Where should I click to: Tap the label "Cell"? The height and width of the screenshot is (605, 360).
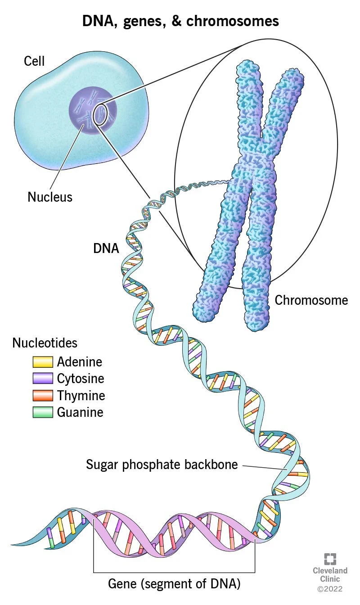34,61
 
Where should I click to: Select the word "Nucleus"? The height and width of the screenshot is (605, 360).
50,197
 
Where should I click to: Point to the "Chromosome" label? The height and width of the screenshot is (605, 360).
311,300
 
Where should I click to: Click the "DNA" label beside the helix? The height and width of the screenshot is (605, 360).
106,248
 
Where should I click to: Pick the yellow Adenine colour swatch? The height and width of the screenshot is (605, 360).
43,362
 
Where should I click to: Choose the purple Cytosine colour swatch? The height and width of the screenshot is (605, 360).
43,379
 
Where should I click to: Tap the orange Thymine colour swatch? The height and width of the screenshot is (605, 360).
43,396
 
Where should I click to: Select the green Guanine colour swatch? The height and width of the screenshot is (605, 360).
43,412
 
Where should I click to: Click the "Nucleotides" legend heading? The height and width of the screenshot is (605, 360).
45,343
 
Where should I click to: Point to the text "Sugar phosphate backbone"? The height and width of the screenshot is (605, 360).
162,465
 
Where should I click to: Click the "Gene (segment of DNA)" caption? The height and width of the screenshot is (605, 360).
175,584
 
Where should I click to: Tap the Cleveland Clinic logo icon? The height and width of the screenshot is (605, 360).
331,559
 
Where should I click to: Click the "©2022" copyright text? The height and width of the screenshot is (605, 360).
330,588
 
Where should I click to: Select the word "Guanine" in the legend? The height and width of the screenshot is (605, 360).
80,412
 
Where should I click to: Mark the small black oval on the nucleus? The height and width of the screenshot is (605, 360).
100,115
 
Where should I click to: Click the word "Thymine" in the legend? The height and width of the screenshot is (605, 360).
81,396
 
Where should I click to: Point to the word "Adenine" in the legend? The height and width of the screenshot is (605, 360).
80,362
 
